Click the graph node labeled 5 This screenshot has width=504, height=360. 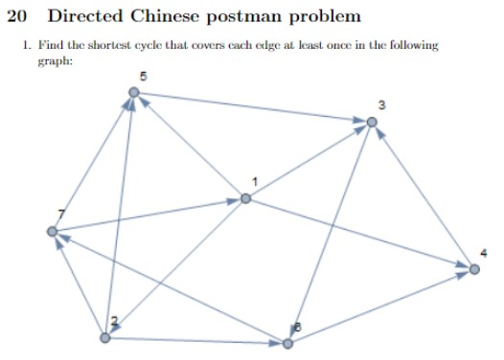point(134,92)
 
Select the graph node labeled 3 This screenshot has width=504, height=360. point(372,122)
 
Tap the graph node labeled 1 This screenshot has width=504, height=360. point(246,198)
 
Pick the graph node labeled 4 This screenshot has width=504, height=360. point(473,269)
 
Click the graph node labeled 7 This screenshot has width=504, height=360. point(52,232)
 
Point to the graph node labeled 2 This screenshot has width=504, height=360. point(105,337)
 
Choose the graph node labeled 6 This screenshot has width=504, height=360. point(286,343)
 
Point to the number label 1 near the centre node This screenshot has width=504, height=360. point(256,182)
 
